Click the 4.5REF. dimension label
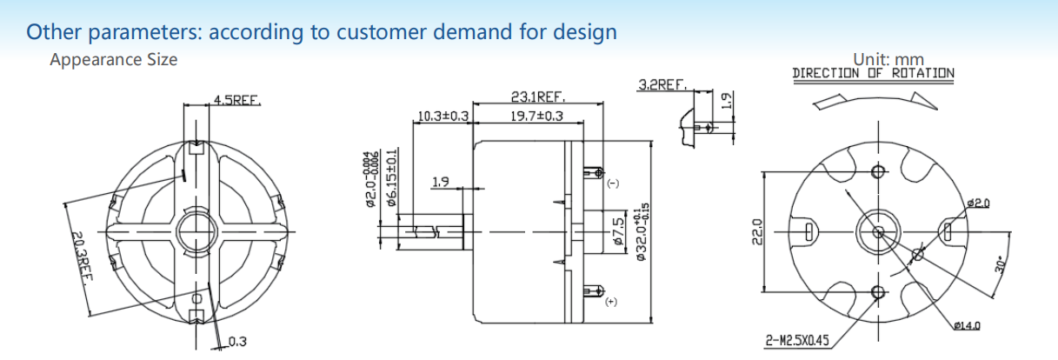click(x=237, y=100)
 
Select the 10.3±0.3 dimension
click(x=442, y=116)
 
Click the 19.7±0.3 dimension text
click(x=536, y=116)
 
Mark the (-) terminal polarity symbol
click(x=611, y=184)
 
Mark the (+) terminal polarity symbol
click(x=611, y=301)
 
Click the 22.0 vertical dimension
click(x=756, y=232)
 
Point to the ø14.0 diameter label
click(x=966, y=325)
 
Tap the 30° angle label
click(x=1001, y=265)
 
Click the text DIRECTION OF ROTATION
click(x=873, y=74)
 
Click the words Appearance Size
click(x=113, y=60)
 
